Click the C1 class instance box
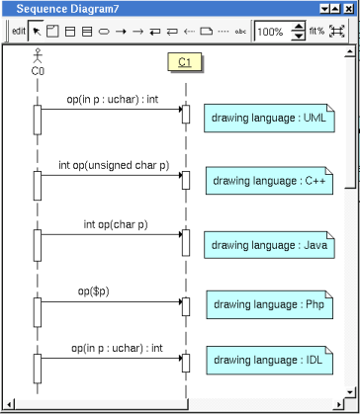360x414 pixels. [185, 62]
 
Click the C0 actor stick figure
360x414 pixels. [39, 55]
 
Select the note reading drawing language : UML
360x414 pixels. [269, 118]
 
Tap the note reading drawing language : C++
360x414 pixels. [269, 181]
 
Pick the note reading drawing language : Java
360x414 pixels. [269, 245]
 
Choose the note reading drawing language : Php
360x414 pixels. [269, 304]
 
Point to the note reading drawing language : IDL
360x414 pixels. [269, 360]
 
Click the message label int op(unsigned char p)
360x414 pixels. [114, 165]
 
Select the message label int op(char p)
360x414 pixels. [116, 224]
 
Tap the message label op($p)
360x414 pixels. [93, 291]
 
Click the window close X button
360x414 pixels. [348, 9]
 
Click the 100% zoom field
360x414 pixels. [272, 32]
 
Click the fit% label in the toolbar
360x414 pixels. [317, 32]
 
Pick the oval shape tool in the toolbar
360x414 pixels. [104, 32]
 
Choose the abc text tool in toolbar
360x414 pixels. [240, 32]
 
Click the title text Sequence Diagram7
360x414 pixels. [67, 9]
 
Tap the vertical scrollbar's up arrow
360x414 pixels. [349, 51]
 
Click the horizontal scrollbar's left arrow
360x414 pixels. [10, 404]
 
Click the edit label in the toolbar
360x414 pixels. [19, 32]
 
